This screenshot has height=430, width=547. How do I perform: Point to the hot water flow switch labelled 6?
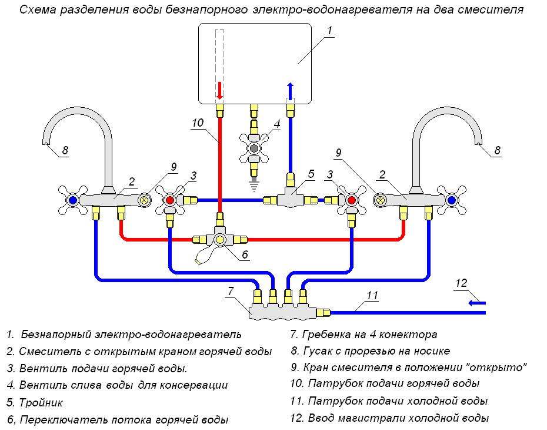(x=221, y=240)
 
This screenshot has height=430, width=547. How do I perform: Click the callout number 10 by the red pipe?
(x=197, y=123)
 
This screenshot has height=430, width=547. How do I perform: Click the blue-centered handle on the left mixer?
(x=72, y=200)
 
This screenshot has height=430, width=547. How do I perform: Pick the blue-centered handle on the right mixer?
(x=452, y=200)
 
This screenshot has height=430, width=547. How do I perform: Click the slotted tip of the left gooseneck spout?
(x=47, y=141)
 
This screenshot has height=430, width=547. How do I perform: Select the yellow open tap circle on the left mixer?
(x=144, y=200)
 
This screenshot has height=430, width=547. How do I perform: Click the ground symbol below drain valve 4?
(x=254, y=184)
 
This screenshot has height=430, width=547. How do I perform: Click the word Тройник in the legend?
(x=41, y=403)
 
